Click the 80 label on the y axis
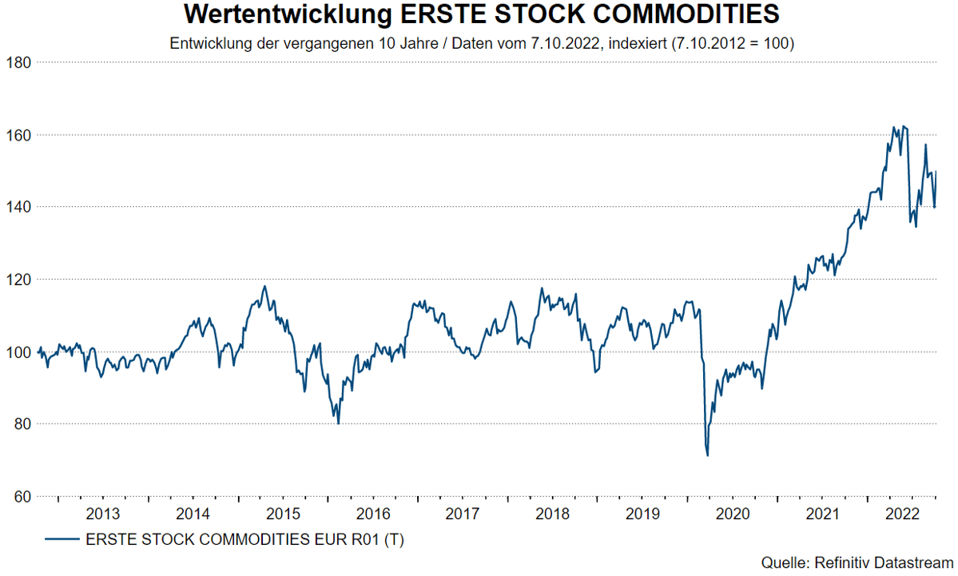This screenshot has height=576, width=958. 18,424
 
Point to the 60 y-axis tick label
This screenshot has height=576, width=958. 18,497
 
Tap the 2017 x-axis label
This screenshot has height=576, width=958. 461,513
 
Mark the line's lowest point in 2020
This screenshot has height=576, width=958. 708,455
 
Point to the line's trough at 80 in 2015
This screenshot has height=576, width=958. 338,423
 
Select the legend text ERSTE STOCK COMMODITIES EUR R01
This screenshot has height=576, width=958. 232,541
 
